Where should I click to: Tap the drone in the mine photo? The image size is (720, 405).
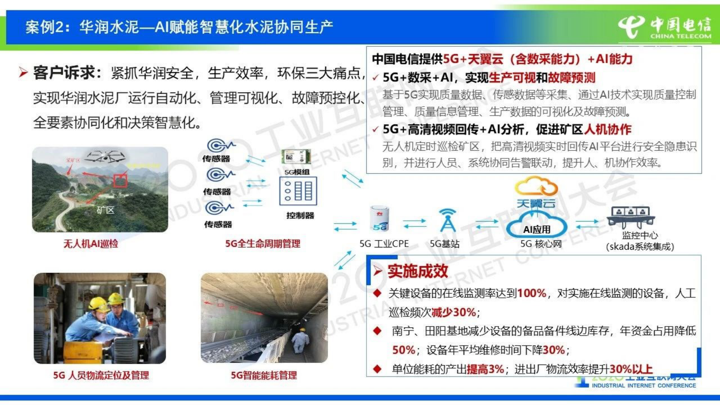(105, 157)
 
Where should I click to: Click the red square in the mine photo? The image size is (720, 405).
(120, 180)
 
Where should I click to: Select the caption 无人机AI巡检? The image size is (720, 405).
(91, 244)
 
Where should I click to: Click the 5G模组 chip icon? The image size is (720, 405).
(296, 158)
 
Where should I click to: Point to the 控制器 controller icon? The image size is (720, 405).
(298, 192)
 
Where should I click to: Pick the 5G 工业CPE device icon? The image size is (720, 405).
(380, 219)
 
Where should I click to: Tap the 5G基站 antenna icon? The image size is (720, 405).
(447, 221)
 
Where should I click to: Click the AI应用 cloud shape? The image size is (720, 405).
(537, 227)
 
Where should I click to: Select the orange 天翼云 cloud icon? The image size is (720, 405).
(536, 187)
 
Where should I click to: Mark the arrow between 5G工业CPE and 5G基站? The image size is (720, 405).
(414, 223)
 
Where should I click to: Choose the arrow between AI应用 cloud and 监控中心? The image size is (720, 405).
(588, 224)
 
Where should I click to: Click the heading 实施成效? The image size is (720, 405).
(417, 271)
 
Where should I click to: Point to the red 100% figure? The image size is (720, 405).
(532, 293)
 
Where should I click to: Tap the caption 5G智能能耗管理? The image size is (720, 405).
(264, 375)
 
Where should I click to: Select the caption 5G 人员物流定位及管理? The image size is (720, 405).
(101, 375)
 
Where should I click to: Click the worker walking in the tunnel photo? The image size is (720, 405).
(300, 339)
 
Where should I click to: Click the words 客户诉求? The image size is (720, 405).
(64, 73)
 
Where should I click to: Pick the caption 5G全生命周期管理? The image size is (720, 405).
(263, 244)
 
